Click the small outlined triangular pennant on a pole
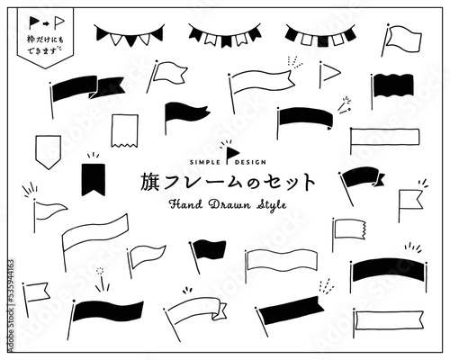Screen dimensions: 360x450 click(331, 71)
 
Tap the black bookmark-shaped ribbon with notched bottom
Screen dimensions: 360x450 click(92, 176)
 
